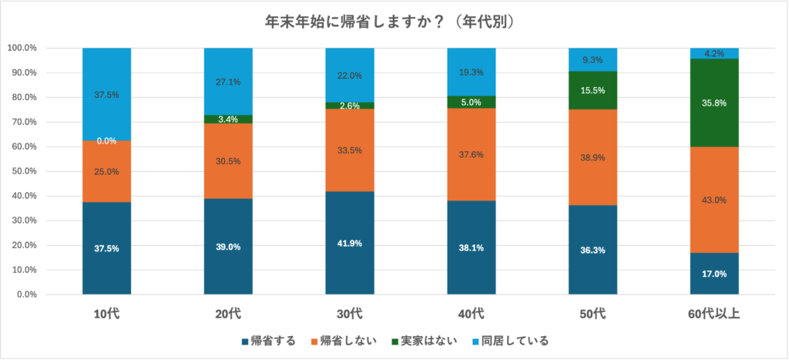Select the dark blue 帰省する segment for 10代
pos(106,247)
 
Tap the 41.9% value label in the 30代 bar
pos(350,244)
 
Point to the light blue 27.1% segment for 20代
pos(228,81)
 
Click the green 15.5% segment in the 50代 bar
pos(593,90)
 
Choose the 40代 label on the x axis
pos(471,314)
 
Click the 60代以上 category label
pos(714,314)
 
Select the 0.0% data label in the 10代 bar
pos(106,141)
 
